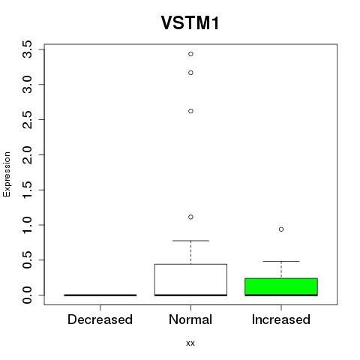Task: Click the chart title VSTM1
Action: click(190, 22)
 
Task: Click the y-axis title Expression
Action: click(7, 174)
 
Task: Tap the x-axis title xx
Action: click(190, 343)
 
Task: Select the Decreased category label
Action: click(100, 319)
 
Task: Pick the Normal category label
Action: click(190, 319)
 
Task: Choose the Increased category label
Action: click(281, 319)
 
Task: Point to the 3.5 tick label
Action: click(28, 49)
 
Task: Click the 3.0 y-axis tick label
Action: click(28, 85)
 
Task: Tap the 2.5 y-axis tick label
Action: click(28, 120)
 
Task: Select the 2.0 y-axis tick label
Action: click(28, 154)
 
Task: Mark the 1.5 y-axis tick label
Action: click(28, 190)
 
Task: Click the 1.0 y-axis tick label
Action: click(28, 225)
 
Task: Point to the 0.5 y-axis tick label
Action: click(28, 260)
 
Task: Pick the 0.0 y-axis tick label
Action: click(28, 295)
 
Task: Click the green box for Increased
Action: click(281, 286)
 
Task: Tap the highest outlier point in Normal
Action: click(190, 54)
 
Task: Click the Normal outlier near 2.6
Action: click(190, 111)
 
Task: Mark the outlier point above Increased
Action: click(281, 229)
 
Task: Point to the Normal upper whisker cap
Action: click(190, 241)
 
